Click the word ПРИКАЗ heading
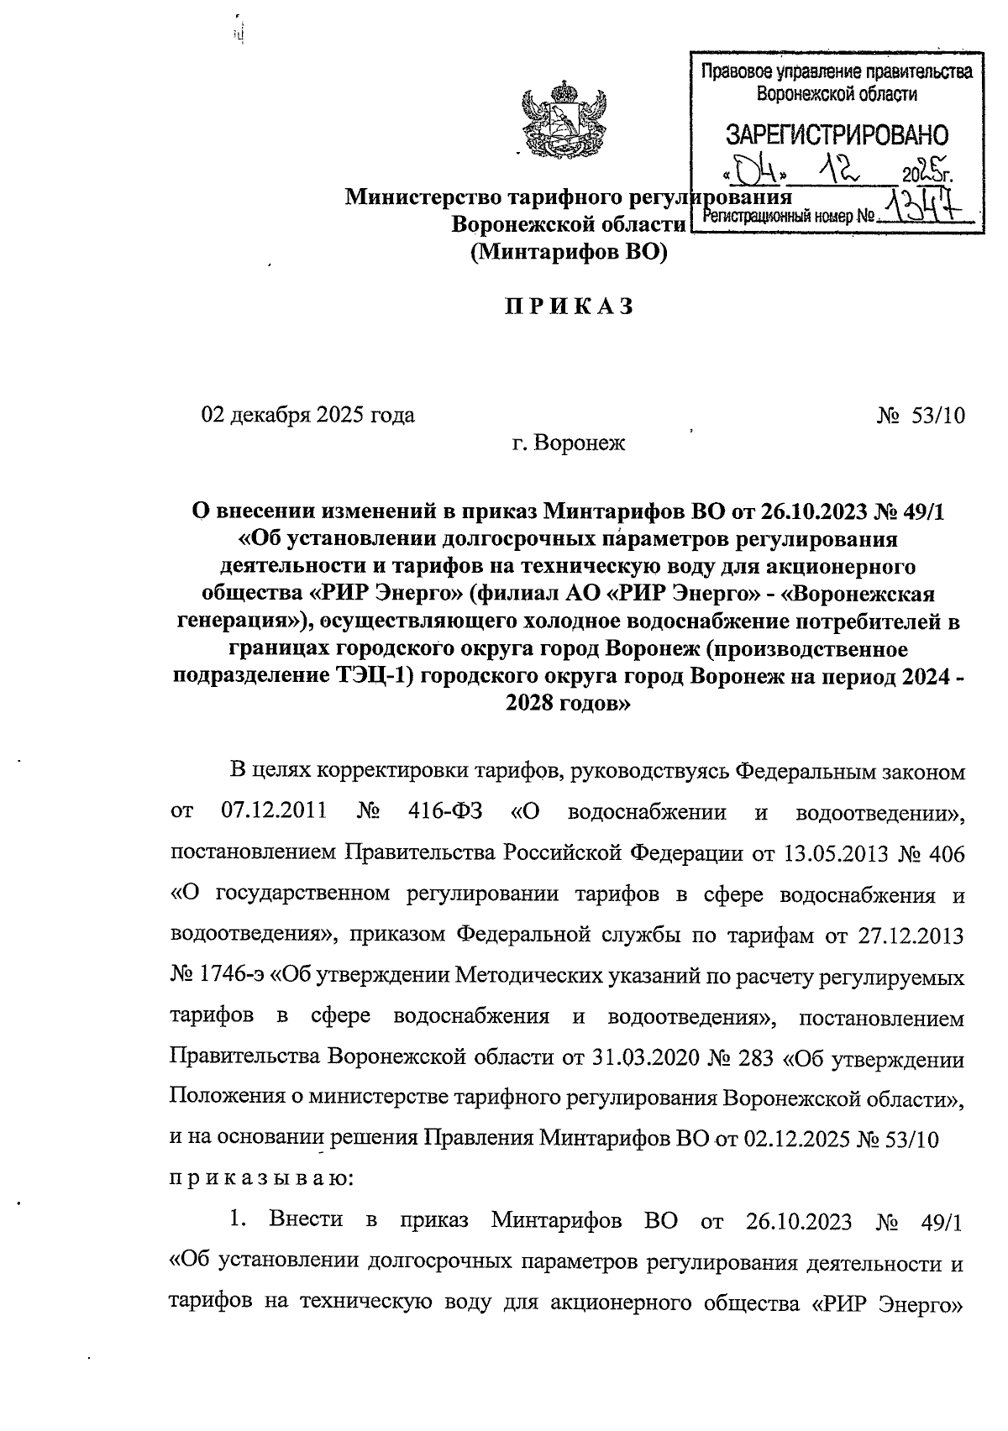(x=569, y=307)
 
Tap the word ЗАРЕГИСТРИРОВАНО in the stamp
(x=836, y=135)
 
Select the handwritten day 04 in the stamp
(x=753, y=172)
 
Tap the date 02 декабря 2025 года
(x=307, y=415)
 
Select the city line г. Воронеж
(x=569, y=442)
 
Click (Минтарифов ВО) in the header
(x=568, y=252)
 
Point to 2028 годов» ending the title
(x=568, y=705)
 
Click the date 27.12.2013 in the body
(x=912, y=935)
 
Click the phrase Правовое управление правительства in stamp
(x=836, y=72)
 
